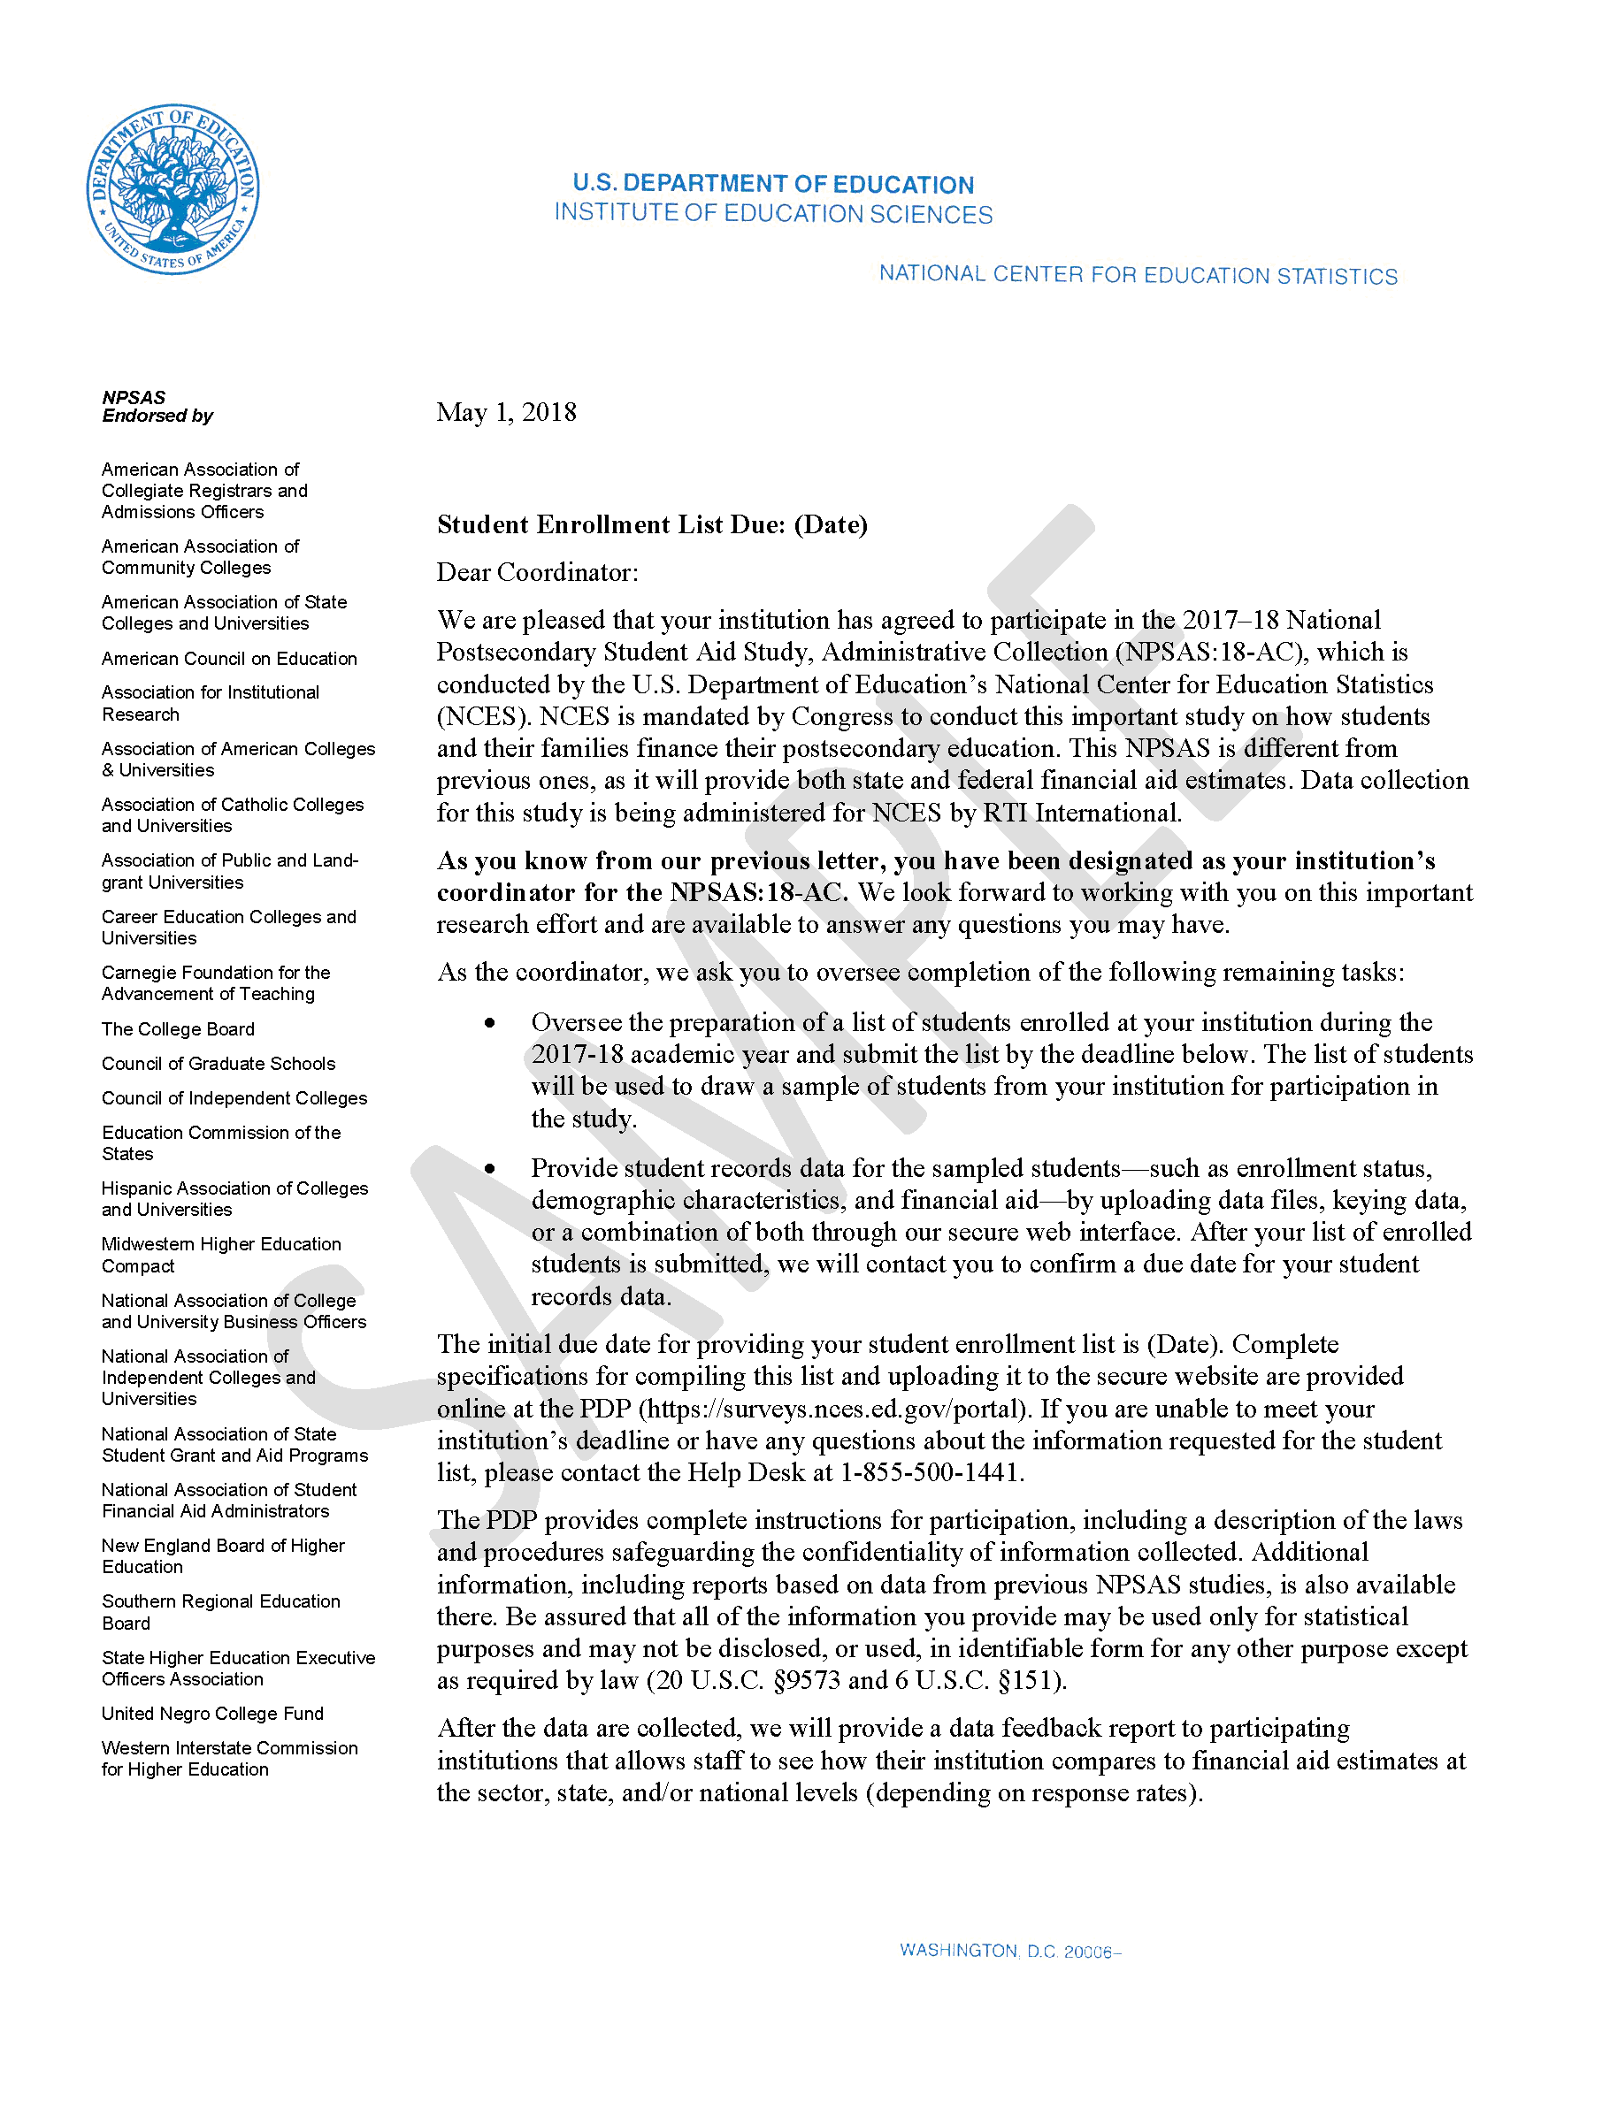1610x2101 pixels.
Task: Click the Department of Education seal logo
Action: click(x=172, y=188)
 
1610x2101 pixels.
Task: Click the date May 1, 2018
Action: click(x=506, y=413)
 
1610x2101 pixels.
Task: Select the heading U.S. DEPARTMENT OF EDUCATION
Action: click(x=772, y=184)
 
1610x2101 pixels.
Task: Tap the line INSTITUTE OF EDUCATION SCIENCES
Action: click(x=772, y=214)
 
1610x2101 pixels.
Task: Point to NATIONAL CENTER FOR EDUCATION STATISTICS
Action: click(x=1138, y=276)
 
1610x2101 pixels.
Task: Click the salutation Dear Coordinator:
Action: click(x=537, y=573)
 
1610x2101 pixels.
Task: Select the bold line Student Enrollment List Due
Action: click(x=652, y=525)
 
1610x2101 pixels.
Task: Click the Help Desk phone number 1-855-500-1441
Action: click(x=931, y=1472)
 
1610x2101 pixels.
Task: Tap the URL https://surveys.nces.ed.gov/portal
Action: click(x=830, y=1410)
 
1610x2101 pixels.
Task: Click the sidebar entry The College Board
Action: click(x=179, y=1030)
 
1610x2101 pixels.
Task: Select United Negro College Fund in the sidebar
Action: click(x=212, y=1714)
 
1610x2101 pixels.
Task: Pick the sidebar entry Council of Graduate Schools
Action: click(x=218, y=1065)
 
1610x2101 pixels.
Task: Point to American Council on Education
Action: click(x=229, y=659)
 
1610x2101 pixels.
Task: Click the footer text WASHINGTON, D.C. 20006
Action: click(x=1008, y=1952)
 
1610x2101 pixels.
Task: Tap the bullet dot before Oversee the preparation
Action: click(x=490, y=1023)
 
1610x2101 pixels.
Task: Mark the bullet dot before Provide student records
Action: click(x=490, y=1169)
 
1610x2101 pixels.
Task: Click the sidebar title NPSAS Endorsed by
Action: click(x=157, y=406)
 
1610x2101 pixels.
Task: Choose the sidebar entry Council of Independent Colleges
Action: click(x=234, y=1099)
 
